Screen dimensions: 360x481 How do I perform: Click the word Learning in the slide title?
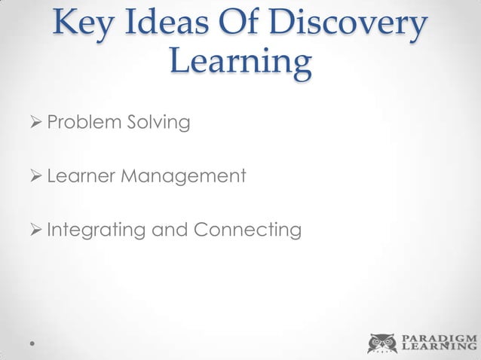(240, 63)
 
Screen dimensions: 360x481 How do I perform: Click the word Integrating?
(96, 230)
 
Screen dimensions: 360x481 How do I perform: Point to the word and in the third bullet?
(170, 229)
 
